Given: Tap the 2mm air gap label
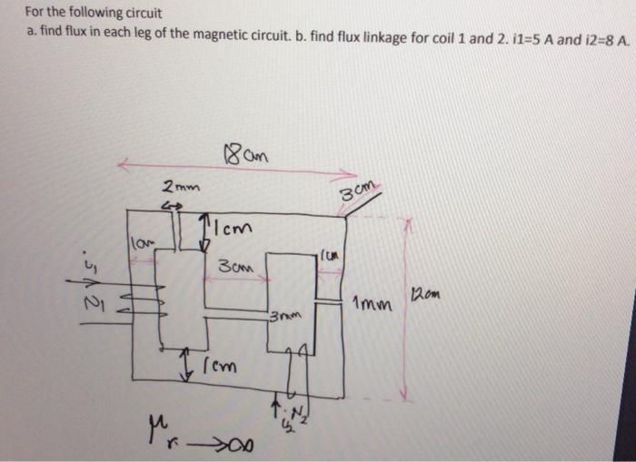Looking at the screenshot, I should [176, 188].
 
